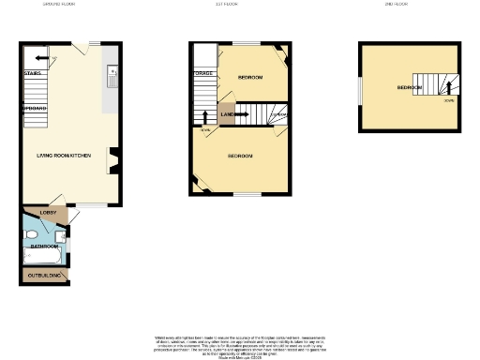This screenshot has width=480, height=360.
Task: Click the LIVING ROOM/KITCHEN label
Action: pyautogui.click(x=64, y=155)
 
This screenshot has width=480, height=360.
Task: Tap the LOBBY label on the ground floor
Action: pyautogui.click(x=48, y=214)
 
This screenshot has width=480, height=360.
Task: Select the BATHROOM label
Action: pyautogui.click(x=45, y=246)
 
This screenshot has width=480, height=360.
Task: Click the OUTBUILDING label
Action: pyautogui.click(x=44, y=275)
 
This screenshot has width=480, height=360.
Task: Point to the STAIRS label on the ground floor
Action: pyautogui.click(x=31, y=72)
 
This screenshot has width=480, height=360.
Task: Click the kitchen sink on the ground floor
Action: pyautogui.click(x=111, y=71)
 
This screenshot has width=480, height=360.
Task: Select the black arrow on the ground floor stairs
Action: pyautogui.click(x=31, y=57)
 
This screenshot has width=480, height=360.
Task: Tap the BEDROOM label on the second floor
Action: pyautogui.click(x=409, y=87)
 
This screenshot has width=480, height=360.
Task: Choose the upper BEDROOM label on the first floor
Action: pyautogui.click(x=249, y=77)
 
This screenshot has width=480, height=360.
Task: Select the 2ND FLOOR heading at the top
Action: pyautogui.click(x=396, y=5)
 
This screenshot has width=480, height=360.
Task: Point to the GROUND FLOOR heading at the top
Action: pyautogui.click(x=59, y=5)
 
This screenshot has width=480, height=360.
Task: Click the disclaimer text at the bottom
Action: pyautogui.click(x=240, y=344)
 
